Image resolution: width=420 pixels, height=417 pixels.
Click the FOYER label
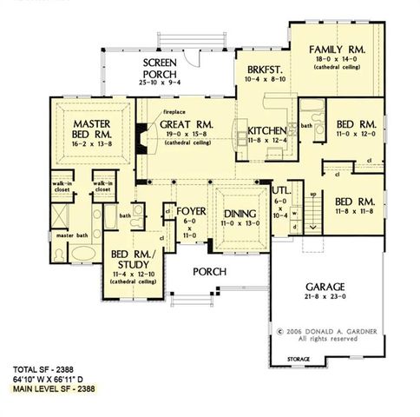click(190, 211)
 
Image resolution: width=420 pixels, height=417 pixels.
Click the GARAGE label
click(325, 286)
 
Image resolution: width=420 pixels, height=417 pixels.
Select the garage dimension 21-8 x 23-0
click(325, 297)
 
